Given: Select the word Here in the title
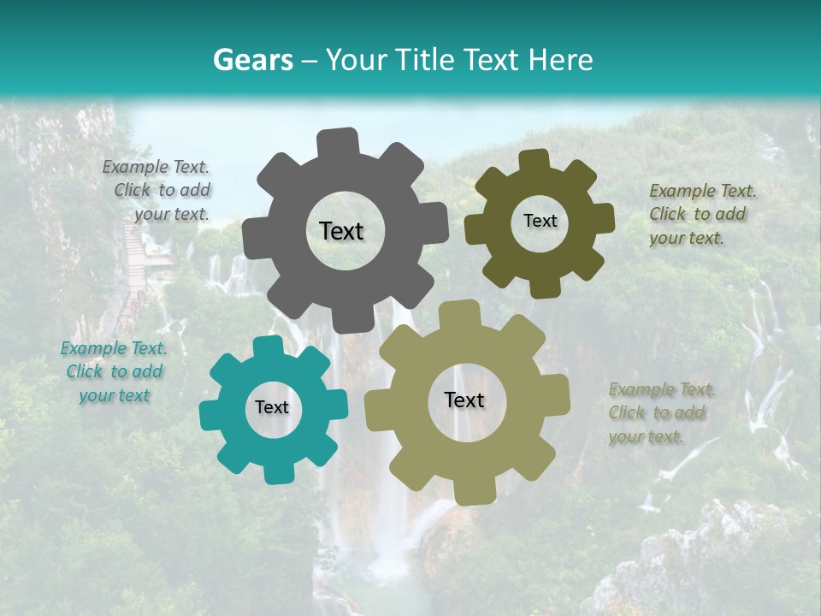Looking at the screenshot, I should pyautogui.click(x=561, y=60).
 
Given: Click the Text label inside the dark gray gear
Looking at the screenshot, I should pyautogui.click(x=341, y=231).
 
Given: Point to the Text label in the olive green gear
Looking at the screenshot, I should pyautogui.click(x=540, y=221).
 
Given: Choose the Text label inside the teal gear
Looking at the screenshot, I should pyautogui.click(x=272, y=408).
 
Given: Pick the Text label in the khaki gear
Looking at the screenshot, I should pyautogui.click(x=464, y=400).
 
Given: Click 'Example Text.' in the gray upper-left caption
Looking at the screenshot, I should pyautogui.click(x=156, y=168).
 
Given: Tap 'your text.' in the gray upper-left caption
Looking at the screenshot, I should pyautogui.click(x=172, y=214).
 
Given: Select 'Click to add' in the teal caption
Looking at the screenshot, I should pyautogui.click(x=115, y=371).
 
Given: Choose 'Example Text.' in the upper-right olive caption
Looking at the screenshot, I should pyautogui.click(x=703, y=191).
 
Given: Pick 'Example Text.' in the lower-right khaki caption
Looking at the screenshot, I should pyautogui.click(x=662, y=390).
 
